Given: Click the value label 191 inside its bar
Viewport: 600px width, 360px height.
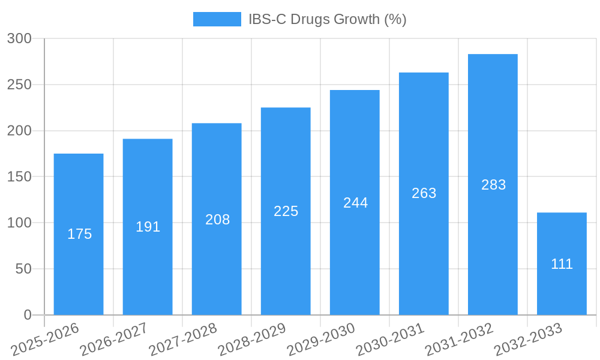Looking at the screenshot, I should [x=148, y=227].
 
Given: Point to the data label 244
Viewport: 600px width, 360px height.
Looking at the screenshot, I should [x=355, y=203].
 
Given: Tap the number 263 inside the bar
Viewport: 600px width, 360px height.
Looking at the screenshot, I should [x=424, y=193].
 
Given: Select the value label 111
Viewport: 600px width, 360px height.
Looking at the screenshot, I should [x=562, y=264].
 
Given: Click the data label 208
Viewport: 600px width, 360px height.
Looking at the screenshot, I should [x=217, y=220].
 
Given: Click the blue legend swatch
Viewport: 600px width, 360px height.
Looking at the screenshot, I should [x=217, y=19].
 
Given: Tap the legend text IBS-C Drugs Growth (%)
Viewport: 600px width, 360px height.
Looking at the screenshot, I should [x=327, y=19].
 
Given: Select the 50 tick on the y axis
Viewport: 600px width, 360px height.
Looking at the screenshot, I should [x=23, y=269].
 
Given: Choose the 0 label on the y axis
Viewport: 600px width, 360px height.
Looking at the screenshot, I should [x=27, y=315].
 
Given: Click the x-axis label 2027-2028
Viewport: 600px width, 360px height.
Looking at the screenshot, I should [x=183, y=340].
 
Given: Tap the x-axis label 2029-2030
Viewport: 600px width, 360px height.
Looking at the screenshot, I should [x=321, y=340].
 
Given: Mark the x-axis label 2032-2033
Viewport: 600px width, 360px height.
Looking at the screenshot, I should [x=528, y=340].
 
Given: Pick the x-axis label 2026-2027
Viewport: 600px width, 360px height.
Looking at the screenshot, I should [x=114, y=340].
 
